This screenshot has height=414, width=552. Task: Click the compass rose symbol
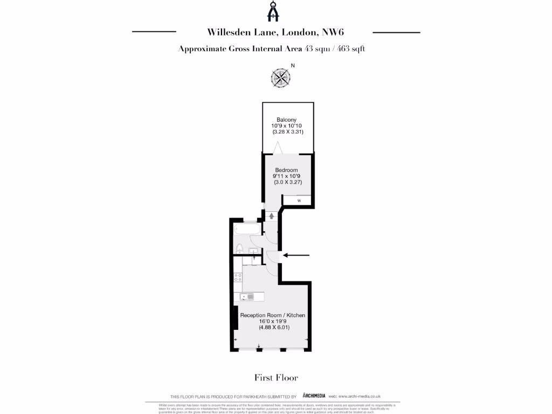point(280,78)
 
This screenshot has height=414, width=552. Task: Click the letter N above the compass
point(293,66)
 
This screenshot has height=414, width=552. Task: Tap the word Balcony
point(286,120)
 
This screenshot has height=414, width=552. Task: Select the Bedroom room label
point(286,170)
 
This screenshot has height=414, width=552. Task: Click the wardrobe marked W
point(299,201)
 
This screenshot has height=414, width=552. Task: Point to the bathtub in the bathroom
point(246,229)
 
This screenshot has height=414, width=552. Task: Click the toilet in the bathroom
point(239,248)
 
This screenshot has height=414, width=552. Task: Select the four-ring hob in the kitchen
point(238,279)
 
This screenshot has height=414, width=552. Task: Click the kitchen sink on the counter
point(250,296)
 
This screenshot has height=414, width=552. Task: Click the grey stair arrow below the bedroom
point(271,215)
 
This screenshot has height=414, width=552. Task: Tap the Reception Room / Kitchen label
point(273,315)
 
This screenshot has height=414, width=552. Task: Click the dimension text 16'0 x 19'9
point(273,321)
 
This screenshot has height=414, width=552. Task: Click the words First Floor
point(276,377)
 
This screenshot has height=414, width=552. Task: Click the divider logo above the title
point(275,12)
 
